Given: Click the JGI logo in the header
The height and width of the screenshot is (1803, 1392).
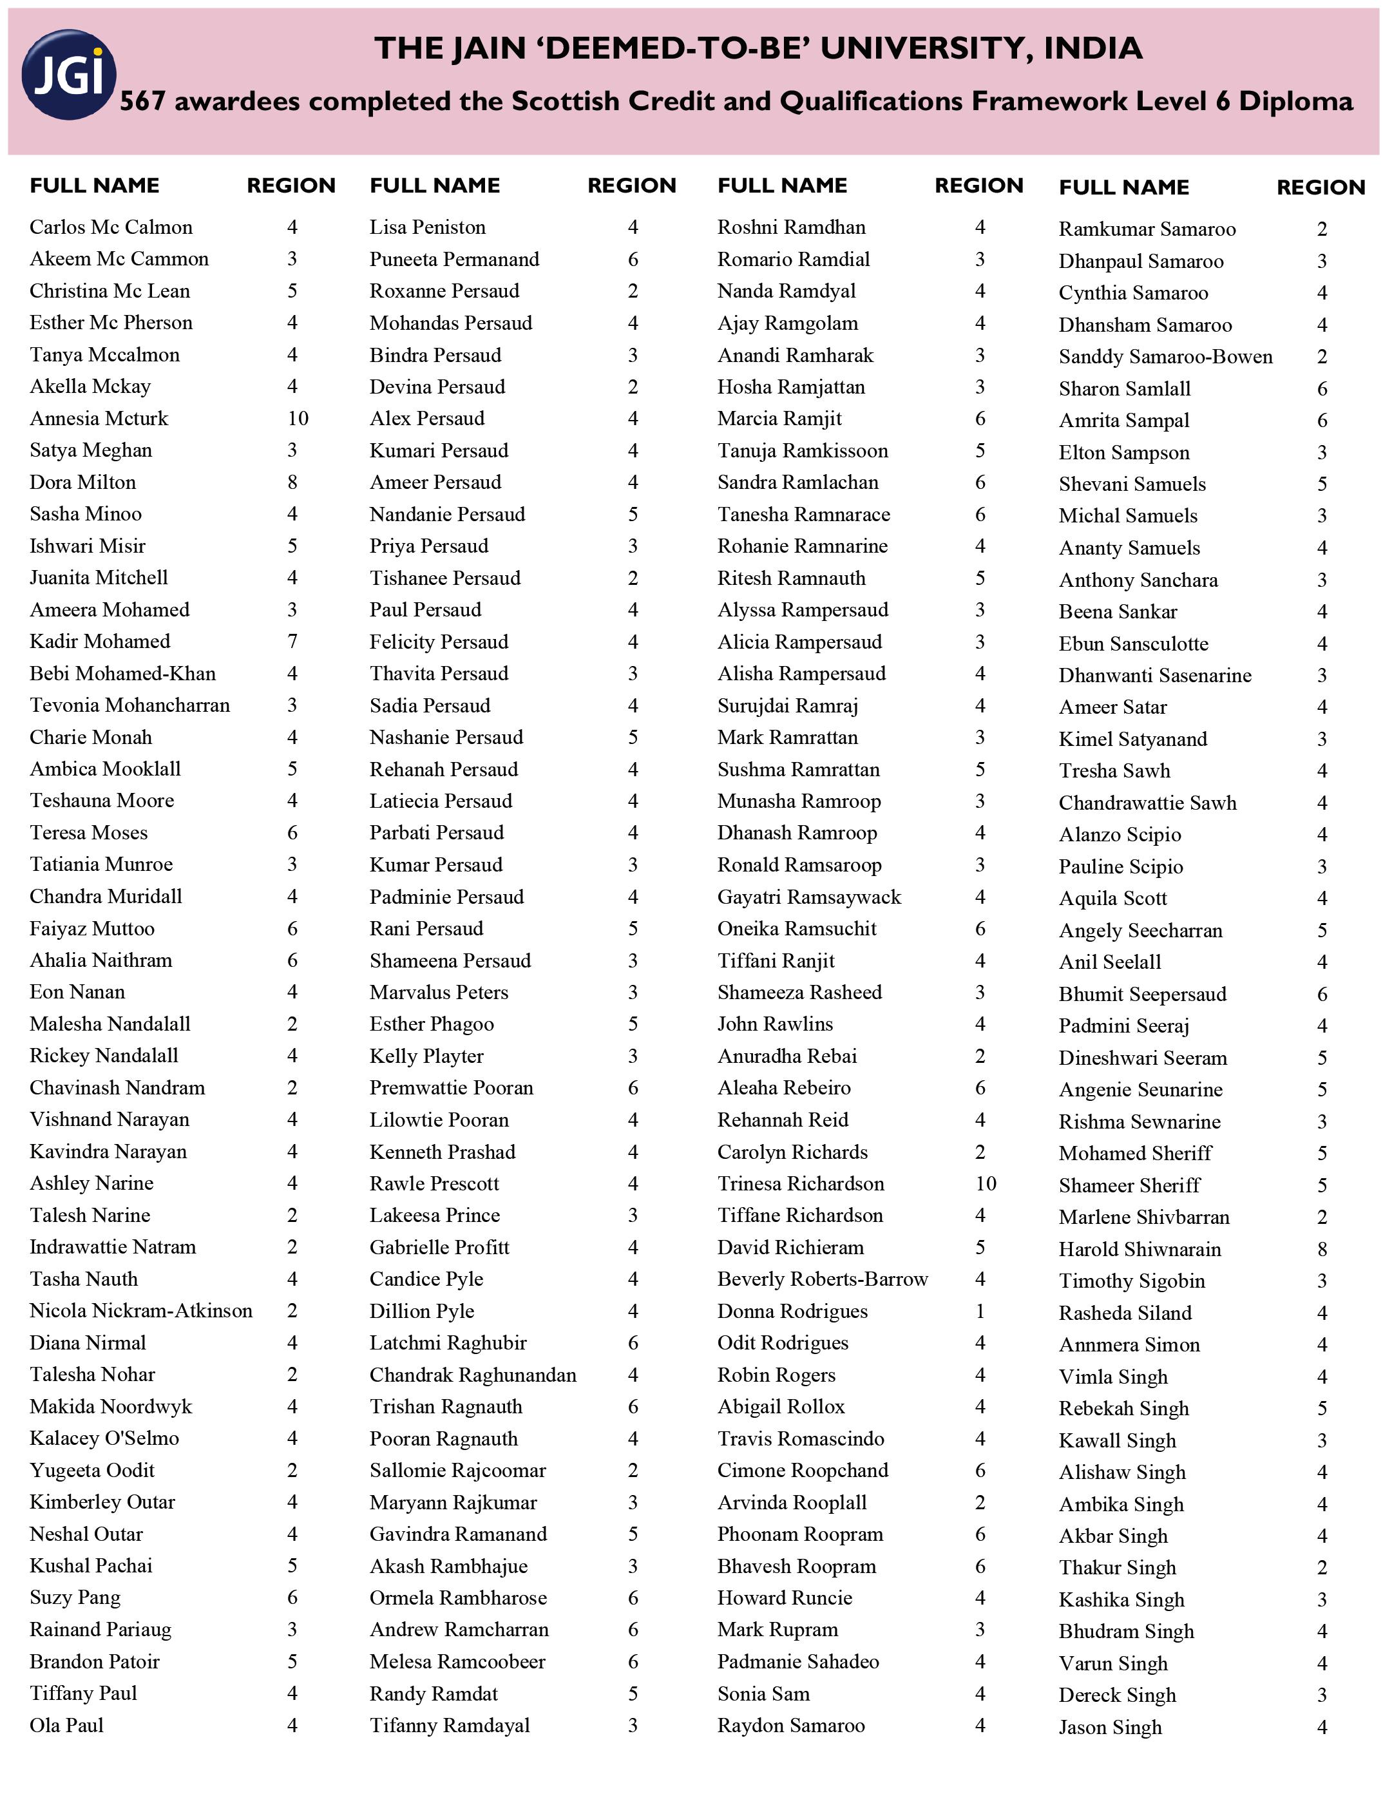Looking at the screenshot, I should tap(68, 74).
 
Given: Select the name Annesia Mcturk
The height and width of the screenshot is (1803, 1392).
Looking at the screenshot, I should tap(99, 419).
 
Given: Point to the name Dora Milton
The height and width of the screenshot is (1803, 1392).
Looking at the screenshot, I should tap(82, 482).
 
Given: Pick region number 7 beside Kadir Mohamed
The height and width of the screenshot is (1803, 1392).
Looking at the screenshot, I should tap(292, 642).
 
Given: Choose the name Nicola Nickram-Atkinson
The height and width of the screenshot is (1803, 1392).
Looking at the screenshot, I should tap(140, 1311).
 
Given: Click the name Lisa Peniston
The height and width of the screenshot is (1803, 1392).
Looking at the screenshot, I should tap(427, 227).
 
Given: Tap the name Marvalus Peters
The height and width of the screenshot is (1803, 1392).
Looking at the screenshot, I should tap(439, 992).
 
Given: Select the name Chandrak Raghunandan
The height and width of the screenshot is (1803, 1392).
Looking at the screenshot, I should tap(472, 1375).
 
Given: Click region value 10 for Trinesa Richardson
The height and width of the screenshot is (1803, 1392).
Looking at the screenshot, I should tap(985, 1183).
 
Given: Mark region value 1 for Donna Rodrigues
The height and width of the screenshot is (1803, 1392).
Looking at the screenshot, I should tap(980, 1311).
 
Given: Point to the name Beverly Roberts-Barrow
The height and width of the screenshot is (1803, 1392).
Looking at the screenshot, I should tap(823, 1279).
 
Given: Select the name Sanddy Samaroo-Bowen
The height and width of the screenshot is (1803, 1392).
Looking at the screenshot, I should tap(1165, 357).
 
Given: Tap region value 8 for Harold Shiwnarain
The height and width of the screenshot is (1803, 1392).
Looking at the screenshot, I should tap(1322, 1249).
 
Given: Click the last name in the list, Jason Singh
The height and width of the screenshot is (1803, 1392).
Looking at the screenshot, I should tap(1110, 1727).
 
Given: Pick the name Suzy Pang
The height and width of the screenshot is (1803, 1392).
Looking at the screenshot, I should tap(74, 1598).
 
